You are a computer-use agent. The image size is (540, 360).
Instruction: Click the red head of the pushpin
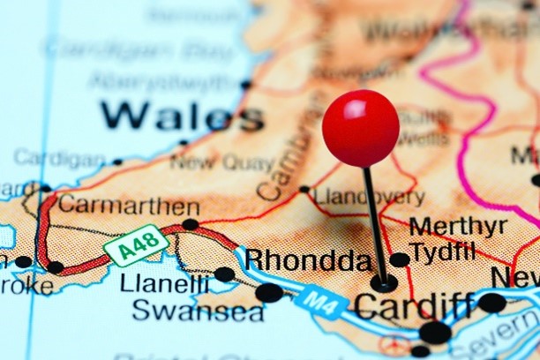[x=360, y=128]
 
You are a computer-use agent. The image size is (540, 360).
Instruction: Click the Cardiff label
[x=414, y=306]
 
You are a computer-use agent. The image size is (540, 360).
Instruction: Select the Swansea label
[x=198, y=311]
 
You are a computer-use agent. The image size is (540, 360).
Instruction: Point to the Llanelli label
[x=165, y=284]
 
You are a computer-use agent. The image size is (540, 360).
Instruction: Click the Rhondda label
[x=308, y=260]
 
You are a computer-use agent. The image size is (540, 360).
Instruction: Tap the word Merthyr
[x=458, y=226]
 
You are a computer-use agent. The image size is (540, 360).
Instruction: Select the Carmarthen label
[x=129, y=206]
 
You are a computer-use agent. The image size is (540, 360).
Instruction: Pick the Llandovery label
[x=370, y=197]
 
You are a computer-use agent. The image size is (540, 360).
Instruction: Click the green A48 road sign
[x=135, y=244]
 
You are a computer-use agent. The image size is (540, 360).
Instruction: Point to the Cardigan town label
[x=58, y=159]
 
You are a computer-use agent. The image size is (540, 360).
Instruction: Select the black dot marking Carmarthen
[x=190, y=224]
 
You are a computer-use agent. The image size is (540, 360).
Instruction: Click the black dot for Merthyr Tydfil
[x=400, y=259]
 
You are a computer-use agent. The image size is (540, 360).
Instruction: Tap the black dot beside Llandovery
[x=304, y=189]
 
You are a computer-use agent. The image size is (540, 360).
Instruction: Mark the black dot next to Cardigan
[x=117, y=161]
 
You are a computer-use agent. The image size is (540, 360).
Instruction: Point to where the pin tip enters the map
[x=383, y=283]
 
